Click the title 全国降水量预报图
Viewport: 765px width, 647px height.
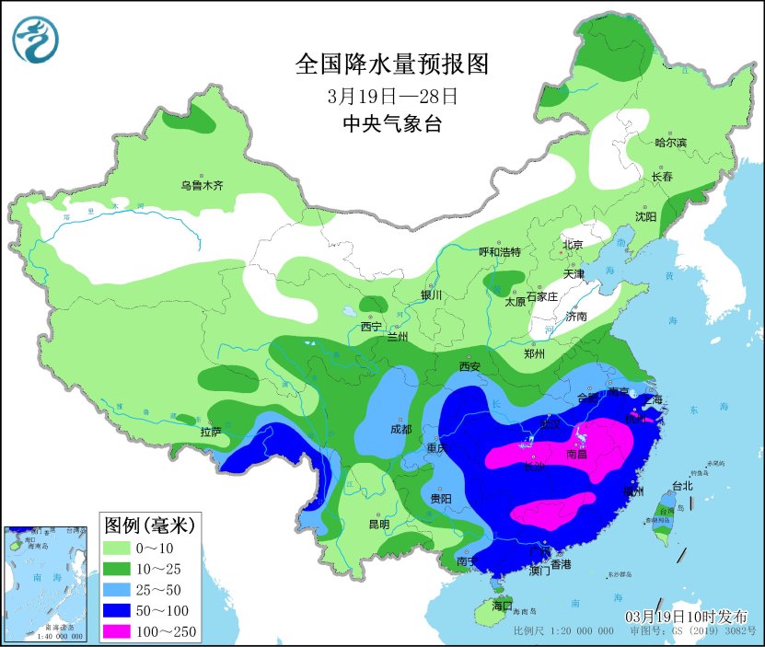point(390,64)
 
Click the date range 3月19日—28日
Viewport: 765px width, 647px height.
point(391,96)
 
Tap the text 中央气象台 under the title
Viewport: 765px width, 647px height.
point(391,124)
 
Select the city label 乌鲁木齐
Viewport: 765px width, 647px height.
point(202,185)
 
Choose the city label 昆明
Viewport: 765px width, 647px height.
point(378,524)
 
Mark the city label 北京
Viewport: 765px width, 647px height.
point(573,244)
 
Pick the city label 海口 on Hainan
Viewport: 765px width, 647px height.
point(501,606)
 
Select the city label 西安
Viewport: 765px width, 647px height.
point(470,366)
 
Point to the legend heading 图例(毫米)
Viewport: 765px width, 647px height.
point(146,526)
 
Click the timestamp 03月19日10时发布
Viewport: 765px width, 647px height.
point(687,616)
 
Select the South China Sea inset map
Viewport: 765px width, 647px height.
point(47,583)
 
